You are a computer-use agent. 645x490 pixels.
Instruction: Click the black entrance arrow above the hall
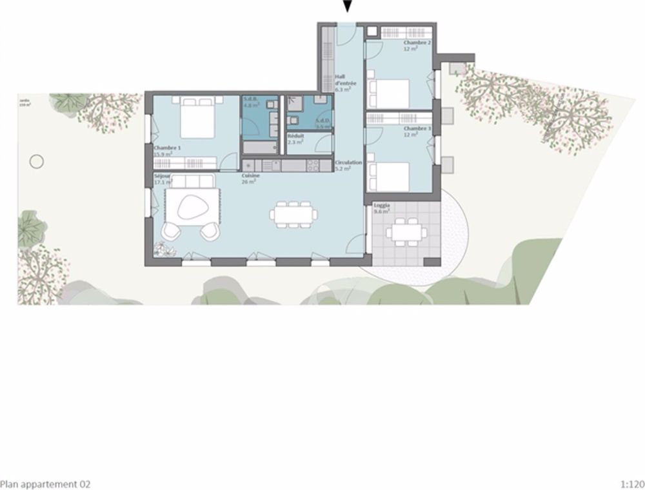tap(348, 6)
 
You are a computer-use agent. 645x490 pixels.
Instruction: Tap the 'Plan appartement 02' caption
tap(45, 484)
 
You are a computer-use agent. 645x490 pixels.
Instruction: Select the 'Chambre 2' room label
tap(418, 43)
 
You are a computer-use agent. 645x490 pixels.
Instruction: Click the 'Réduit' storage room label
tap(295, 137)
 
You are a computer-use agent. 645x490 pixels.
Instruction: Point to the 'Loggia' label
tap(382, 206)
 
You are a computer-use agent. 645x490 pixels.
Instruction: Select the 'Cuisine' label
tap(250, 176)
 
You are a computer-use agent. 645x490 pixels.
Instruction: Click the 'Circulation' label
tap(348, 163)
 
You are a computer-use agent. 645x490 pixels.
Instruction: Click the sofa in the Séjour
tap(194, 181)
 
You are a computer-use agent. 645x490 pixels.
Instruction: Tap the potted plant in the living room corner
tap(161, 249)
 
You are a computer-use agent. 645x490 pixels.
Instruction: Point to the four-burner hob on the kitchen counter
tap(312, 166)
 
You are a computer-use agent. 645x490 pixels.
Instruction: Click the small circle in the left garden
tap(37, 161)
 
